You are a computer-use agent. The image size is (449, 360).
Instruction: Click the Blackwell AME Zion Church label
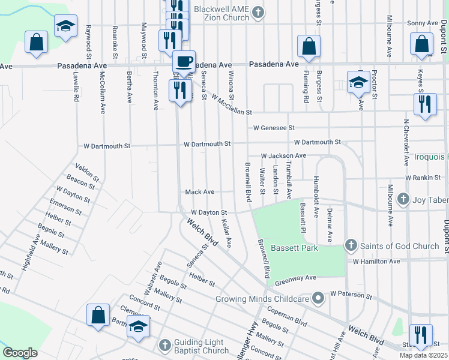coord(219,13)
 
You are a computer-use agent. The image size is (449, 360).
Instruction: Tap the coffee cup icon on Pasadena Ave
coord(184,61)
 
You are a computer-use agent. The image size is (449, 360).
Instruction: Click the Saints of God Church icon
coord(352,246)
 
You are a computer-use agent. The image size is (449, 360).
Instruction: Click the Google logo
coord(20,353)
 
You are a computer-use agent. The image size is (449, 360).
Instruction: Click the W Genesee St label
coord(274,128)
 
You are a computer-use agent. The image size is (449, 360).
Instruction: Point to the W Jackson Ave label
coord(283,156)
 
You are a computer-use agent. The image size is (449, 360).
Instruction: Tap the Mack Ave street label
coord(200,192)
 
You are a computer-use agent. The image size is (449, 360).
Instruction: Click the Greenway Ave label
coord(295,278)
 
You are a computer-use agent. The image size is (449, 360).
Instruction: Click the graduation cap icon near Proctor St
coord(358,82)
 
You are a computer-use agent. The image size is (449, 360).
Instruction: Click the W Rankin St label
coord(424,178)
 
